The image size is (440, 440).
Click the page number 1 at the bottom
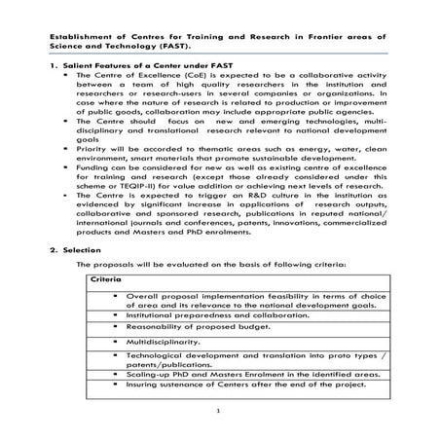pyautogui.click(x=220, y=412)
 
